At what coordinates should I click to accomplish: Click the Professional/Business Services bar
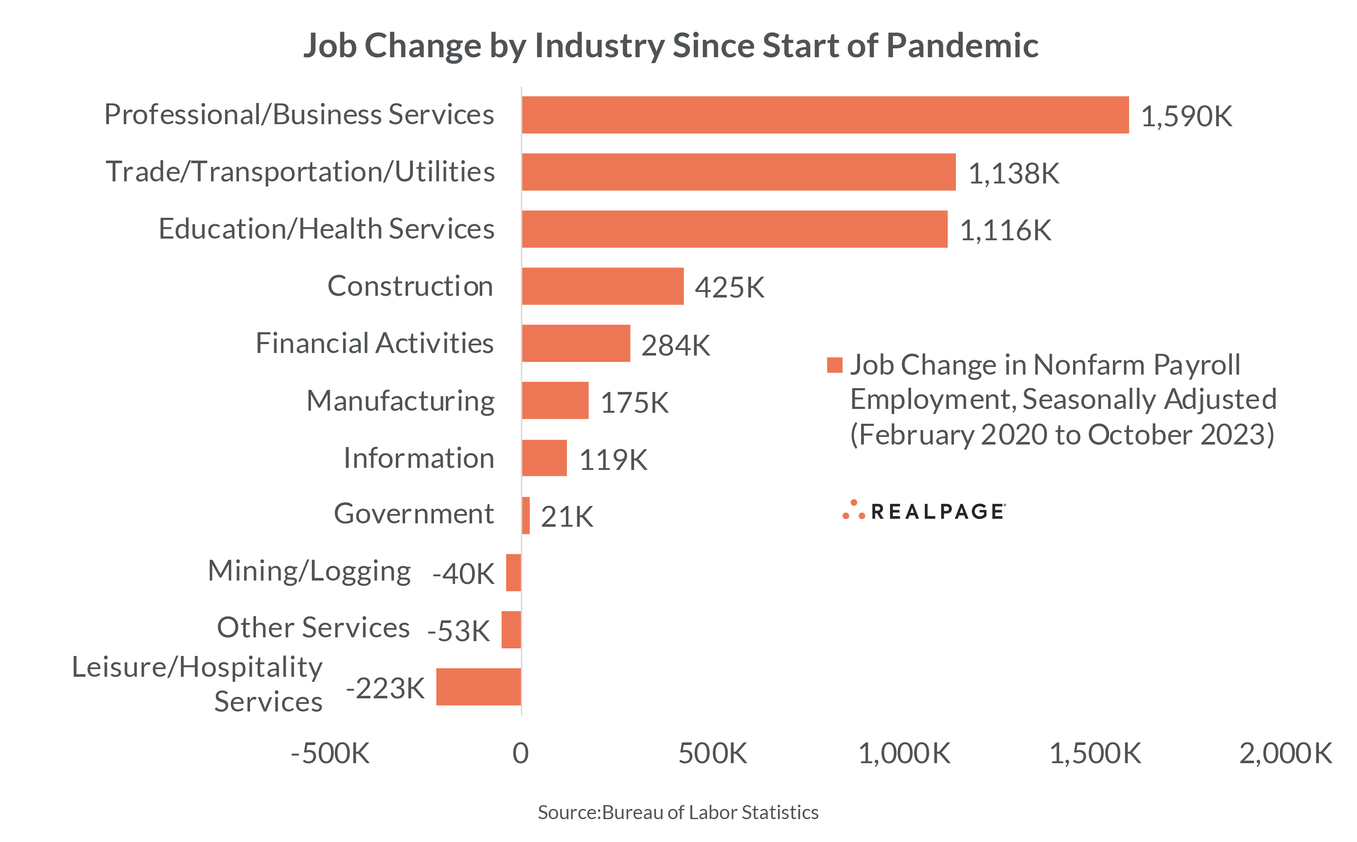coord(825,115)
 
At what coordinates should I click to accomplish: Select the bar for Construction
coord(603,286)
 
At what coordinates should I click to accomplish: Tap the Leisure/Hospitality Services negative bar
coord(478,686)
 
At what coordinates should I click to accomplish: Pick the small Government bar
coord(526,516)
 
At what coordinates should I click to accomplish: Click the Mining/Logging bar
coord(513,572)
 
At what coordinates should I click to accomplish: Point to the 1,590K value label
coord(1186,117)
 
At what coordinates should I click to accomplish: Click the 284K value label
coord(676,345)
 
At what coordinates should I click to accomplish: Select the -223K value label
coord(385,688)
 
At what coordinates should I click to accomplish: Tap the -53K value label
coord(458,631)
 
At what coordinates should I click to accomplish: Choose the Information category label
coord(419,459)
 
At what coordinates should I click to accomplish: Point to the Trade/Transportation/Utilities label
coord(300,172)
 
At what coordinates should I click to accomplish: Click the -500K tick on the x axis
coord(330,753)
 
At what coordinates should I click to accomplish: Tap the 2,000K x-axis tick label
coord(1285,753)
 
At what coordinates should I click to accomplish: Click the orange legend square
coord(834,365)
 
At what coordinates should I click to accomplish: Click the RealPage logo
coord(924,511)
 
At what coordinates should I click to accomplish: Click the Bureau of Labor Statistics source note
coord(678,812)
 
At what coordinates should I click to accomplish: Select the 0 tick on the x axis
coord(521,753)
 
